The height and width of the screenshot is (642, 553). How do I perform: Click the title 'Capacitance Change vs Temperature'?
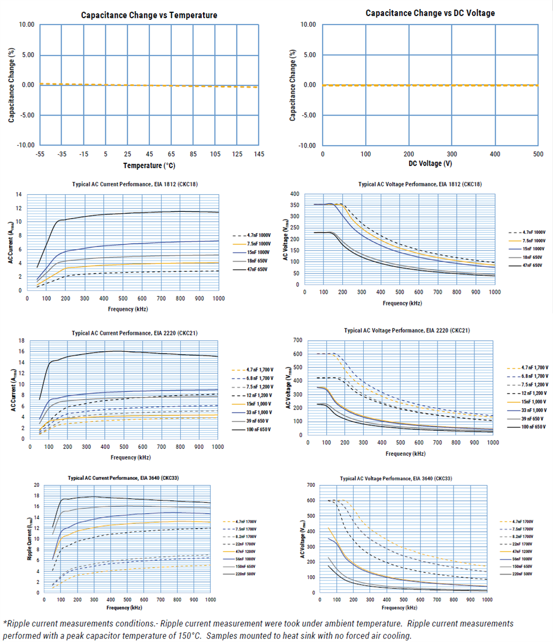149,15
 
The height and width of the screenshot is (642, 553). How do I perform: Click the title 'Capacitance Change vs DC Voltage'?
430,13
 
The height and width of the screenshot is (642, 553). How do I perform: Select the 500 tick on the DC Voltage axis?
539,154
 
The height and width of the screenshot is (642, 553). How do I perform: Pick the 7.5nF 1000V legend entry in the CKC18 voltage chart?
533,241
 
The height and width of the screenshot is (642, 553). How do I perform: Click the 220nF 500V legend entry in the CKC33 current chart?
257,573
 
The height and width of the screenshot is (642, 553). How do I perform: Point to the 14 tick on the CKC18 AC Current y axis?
20,194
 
